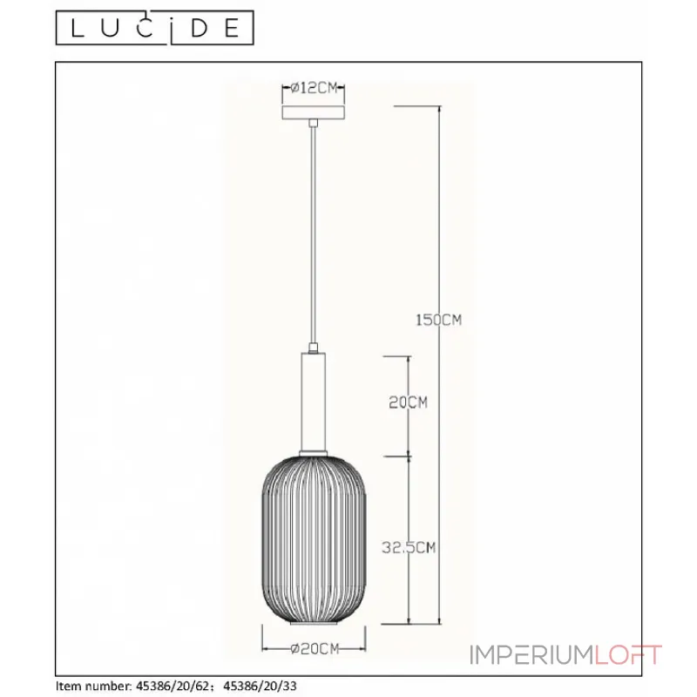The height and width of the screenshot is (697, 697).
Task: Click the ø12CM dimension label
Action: point(315,88)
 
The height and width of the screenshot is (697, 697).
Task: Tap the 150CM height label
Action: point(439,320)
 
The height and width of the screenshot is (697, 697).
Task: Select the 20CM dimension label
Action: point(408,403)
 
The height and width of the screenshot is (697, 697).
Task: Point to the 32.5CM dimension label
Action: point(409,547)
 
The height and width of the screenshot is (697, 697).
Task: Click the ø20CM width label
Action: point(315,648)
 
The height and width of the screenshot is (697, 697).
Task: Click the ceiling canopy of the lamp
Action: point(314,112)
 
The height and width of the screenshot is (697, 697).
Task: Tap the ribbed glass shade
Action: point(314,539)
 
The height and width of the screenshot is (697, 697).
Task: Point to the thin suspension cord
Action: point(314,234)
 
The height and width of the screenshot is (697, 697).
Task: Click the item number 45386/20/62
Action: point(172,686)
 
